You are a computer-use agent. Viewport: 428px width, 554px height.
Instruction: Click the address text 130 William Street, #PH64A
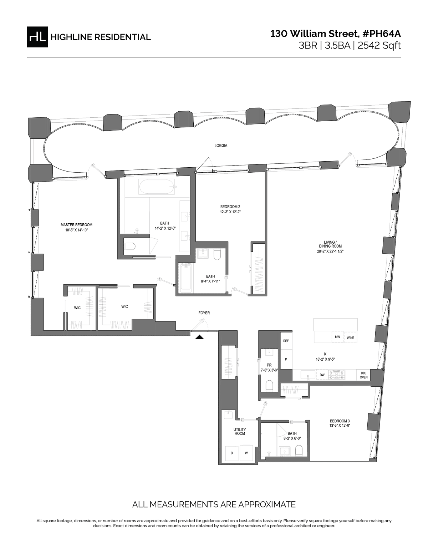click(x=335, y=34)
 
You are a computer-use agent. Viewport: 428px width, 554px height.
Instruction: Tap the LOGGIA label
click(x=221, y=146)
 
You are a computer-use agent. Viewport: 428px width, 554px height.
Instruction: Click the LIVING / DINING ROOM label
click(x=330, y=246)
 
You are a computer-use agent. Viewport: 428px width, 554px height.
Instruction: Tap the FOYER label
click(x=204, y=313)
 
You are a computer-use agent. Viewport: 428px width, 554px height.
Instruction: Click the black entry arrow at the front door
click(x=199, y=337)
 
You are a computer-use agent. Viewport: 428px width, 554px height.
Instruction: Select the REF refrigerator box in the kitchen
click(x=286, y=341)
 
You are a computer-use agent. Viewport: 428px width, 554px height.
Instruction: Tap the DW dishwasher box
click(x=322, y=375)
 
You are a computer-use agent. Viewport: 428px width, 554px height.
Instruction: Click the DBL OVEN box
click(x=363, y=375)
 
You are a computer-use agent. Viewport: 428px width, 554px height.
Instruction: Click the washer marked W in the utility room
click(x=246, y=453)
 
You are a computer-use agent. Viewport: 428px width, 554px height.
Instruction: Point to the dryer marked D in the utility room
click(x=232, y=453)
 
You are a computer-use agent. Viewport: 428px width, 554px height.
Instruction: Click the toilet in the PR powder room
click(x=270, y=385)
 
